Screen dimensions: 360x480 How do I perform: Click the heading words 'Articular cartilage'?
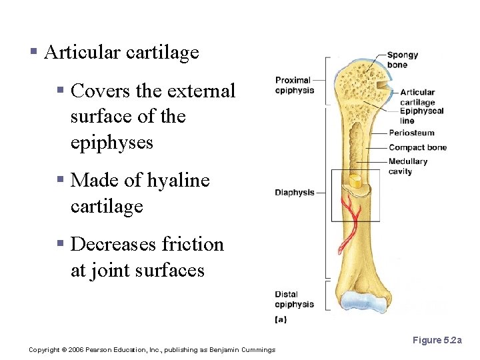click(121, 53)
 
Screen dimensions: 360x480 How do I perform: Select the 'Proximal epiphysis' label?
click(294, 85)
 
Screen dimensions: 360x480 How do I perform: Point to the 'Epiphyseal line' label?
click(421, 116)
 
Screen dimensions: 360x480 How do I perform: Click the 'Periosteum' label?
click(411, 133)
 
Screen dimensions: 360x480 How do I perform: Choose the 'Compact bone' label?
click(417, 147)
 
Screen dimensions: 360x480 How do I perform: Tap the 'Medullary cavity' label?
click(407, 166)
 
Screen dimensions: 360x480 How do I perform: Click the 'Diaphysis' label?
click(294, 193)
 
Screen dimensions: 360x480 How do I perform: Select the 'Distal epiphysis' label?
click(294, 299)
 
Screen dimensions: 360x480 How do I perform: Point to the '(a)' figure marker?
click(281, 319)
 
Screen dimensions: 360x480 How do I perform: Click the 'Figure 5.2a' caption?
click(437, 341)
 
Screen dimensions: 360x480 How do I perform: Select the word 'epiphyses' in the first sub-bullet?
click(111, 143)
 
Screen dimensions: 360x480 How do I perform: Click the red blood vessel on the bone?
click(350, 220)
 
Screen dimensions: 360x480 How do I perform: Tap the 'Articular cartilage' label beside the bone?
click(417, 97)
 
